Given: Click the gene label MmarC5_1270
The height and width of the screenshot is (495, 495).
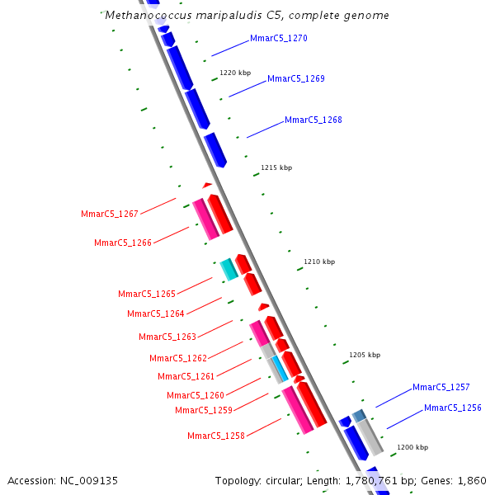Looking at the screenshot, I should (279, 38).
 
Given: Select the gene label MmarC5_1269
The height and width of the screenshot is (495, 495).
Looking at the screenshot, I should (296, 79).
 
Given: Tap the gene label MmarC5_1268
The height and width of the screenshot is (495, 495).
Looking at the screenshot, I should (313, 120).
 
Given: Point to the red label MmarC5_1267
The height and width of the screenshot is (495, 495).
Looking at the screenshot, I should (110, 214).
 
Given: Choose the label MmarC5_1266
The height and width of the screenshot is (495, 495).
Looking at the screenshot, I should (123, 243).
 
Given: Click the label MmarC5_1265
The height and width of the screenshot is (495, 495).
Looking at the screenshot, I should (147, 294).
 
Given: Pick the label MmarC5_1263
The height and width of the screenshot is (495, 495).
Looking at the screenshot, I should (167, 337).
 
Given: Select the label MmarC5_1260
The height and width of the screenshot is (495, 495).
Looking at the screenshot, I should (196, 396).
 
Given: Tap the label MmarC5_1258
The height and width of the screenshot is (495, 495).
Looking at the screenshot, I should (216, 436).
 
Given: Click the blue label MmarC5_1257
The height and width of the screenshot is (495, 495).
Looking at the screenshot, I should (441, 387).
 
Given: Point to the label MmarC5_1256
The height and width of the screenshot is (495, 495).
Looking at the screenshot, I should (453, 408).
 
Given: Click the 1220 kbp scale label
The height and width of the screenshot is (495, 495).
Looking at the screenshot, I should (235, 73).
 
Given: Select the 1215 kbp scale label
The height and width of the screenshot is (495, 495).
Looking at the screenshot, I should (276, 167).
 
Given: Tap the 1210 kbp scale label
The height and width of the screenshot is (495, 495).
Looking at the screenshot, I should (319, 262).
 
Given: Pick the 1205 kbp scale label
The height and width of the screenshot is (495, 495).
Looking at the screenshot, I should (365, 355).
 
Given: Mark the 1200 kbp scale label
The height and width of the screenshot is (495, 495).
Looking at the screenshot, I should (412, 447).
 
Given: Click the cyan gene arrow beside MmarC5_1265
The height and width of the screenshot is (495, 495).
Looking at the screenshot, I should (229, 268).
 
